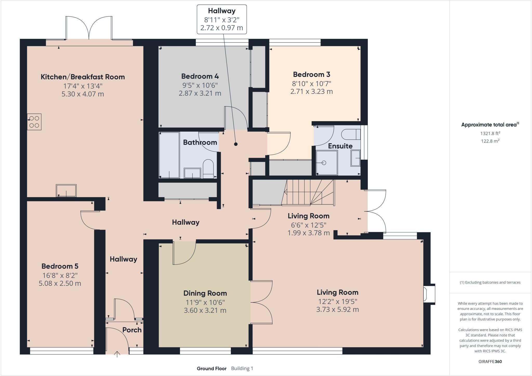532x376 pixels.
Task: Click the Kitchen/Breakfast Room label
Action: coord(83,77)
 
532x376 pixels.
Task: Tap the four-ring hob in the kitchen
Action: coord(34,122)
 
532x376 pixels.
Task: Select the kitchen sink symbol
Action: coord(66,191)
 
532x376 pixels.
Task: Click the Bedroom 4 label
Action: coord(200,76)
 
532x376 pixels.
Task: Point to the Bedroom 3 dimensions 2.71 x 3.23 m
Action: coord(311,92)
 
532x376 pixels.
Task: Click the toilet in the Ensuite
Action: coord(351,134)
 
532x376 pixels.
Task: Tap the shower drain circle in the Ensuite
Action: coord(324,163)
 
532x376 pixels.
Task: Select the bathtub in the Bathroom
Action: coord(169,155)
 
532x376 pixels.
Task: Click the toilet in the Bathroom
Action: coord(208,169)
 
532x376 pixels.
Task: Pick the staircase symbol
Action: coord(309,192)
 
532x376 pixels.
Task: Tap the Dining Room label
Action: coord(205,293)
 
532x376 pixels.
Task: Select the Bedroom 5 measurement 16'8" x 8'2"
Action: coord(60,275)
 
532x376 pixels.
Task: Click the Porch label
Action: coord(132,330)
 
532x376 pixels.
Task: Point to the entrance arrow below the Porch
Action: coord(117,354)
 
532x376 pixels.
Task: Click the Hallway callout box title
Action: coord(222,11)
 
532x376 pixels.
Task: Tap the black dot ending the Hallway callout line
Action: coord(236,144)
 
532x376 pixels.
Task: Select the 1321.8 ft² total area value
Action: coord(490,133)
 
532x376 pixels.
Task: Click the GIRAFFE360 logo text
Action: coord(490,361)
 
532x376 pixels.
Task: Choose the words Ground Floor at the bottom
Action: coord(212,368)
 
